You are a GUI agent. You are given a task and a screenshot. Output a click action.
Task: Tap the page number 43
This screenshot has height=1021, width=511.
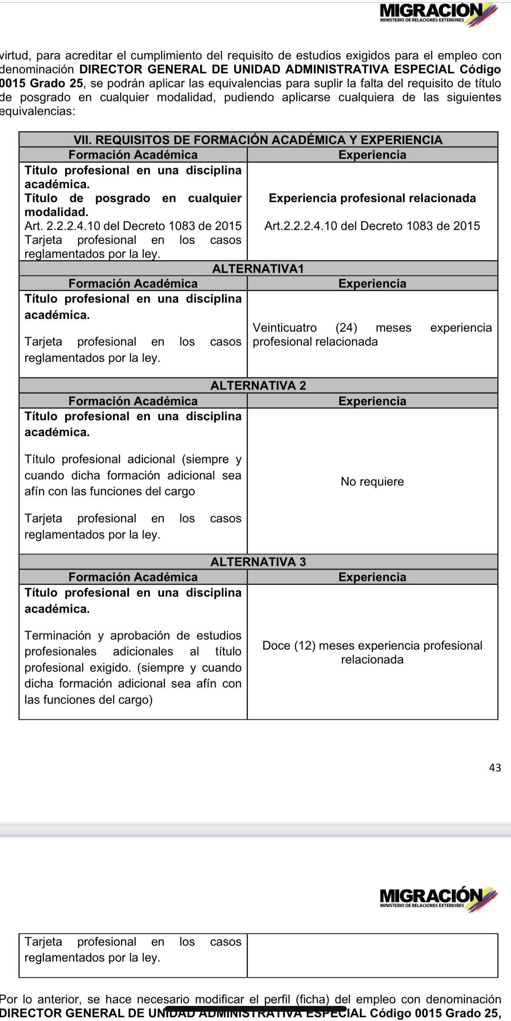tap(495, 768)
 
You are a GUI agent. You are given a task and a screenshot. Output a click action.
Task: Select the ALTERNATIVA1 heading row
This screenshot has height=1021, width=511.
tap(258, 269)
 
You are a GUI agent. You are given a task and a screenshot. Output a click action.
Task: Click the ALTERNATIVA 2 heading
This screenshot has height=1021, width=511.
tap(258, 386)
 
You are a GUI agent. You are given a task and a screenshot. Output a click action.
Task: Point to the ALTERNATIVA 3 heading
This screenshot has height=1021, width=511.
tap(258, 562)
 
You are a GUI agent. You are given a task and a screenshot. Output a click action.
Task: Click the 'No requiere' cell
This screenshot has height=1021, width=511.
tap(372, 481)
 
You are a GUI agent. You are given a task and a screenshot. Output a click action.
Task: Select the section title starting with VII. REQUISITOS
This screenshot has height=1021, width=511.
tap(258, 140)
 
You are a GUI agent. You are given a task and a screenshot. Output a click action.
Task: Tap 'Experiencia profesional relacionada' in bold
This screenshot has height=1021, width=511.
tap(372, 198)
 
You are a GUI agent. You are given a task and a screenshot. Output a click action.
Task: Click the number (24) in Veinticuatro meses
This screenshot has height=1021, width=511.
tap(346, 328)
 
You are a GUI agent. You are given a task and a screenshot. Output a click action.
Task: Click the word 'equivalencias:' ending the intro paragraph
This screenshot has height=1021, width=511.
tap(38, 111)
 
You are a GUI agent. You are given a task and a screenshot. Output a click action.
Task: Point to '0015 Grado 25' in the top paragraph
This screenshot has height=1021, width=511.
tap(42, 84)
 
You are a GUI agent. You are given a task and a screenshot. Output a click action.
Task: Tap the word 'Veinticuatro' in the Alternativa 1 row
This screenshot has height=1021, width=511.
tap(285, 328)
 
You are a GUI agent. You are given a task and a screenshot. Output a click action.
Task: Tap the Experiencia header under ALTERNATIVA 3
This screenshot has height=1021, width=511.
tap(372, 577)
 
